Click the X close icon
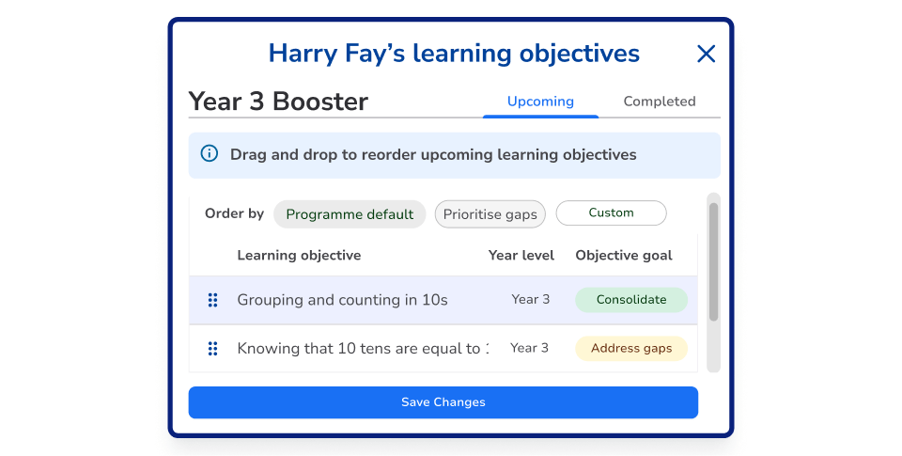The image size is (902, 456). coord(706,55)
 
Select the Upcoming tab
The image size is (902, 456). coord(540,102)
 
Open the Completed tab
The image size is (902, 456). coord(660,102)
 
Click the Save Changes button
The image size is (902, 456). coord(443,402)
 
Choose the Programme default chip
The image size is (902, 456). coord(350,214)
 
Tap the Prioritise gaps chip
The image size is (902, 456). coord(490,214)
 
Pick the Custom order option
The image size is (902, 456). coord(611,213)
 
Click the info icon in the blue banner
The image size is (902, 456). coord(210,154)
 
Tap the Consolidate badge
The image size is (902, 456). coord(630,300)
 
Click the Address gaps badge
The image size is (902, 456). coord(630,349)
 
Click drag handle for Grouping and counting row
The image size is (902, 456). coord(212,300)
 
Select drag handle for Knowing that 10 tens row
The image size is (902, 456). coord(212,349)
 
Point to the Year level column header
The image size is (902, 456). coord(521,256)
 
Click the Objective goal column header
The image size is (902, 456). coord(623,256)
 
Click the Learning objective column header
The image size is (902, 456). coord(299,256)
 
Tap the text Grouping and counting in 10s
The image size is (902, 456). coord(342,301)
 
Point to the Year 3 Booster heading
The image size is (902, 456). coord(278,102)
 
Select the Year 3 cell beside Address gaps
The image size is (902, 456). coord(529,349)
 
